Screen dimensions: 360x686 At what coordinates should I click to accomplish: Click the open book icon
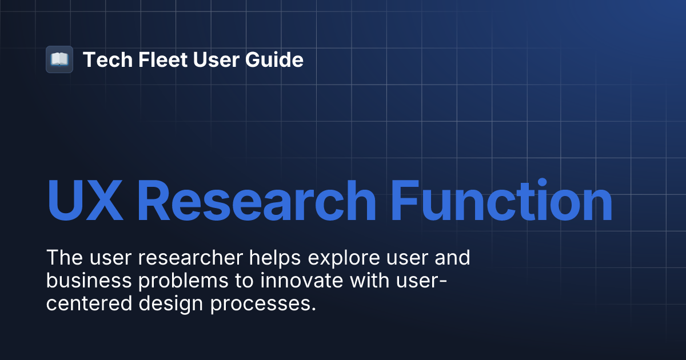[59, 59]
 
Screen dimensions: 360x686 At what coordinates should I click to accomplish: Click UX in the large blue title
[84, 201]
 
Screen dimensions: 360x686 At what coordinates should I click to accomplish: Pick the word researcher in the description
[189, 258]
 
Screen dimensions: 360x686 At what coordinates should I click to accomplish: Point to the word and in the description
[452, 258]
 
